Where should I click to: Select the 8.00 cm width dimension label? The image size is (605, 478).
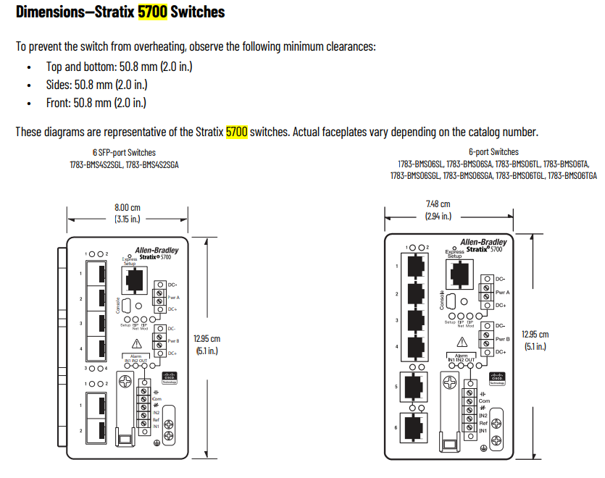coord(127,208)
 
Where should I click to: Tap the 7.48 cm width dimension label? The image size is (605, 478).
coord(438,205)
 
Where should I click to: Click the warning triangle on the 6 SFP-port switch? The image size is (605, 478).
coord(135,343)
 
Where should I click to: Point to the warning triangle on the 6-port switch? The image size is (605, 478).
coord(460,340)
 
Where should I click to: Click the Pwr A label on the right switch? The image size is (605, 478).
coord(502,292)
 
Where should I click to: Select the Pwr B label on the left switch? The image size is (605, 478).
coord(173,340)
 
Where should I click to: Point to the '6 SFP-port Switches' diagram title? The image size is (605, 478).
coord(124,153)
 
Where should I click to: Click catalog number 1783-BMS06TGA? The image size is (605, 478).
coord(572,175)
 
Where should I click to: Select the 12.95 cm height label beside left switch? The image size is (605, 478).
coord(206,338)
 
